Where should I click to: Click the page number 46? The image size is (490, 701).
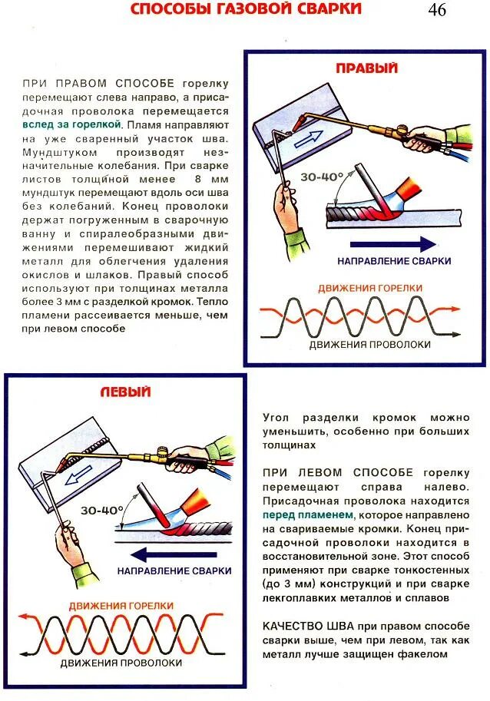[x=437, y=10]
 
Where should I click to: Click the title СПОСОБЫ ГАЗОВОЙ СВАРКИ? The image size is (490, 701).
[x=245, y=9]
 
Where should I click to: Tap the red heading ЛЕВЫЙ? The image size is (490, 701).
[x=125, y=392]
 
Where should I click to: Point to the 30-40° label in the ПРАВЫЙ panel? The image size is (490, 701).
[x=323, y=177]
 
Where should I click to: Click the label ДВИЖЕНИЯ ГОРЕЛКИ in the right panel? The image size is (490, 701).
[x=370, y=288]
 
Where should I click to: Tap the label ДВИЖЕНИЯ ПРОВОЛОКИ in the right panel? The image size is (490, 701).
[x=370, y=345]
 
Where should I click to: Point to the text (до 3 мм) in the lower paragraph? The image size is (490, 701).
[x=287, y=584]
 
